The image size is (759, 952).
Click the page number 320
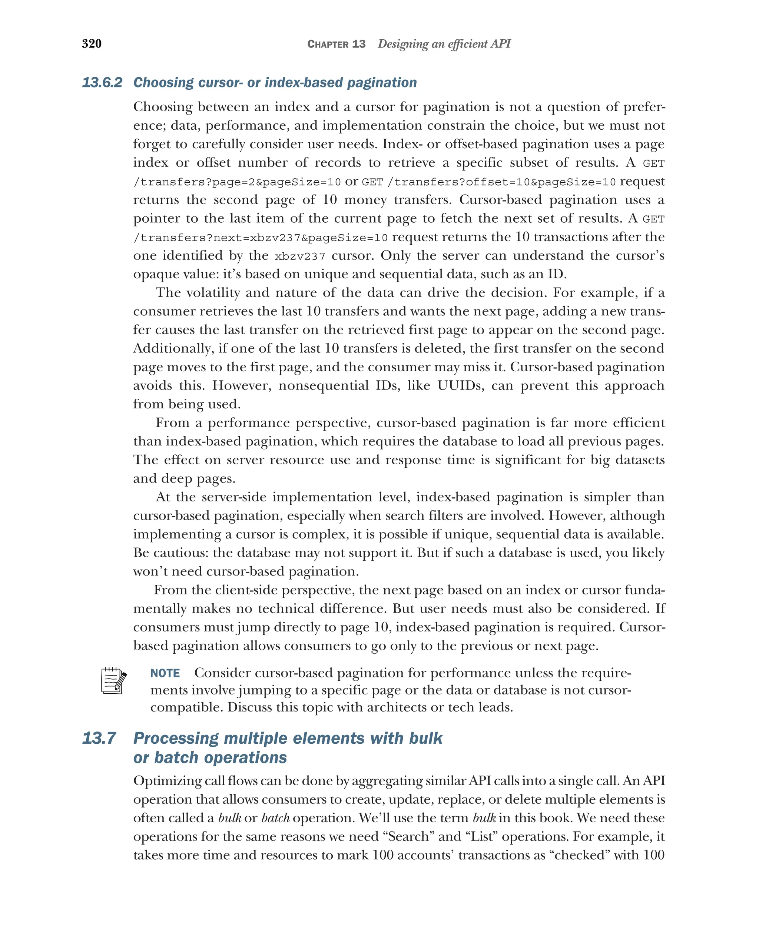tap(92, 44)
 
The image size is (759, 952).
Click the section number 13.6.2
tap(102, 83)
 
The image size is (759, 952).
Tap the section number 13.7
tap(99, 738)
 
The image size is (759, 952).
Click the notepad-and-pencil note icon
tap(114, 680)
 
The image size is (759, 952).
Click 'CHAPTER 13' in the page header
tap(336, 44)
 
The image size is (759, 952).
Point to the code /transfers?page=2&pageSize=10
tap(237, 182)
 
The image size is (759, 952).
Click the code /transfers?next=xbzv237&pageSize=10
tap(261, 238)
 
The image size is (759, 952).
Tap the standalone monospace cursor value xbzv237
tap(300, 256)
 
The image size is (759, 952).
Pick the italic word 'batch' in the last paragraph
tap(275, 818)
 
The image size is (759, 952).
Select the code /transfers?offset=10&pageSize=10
tap(501, 182)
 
